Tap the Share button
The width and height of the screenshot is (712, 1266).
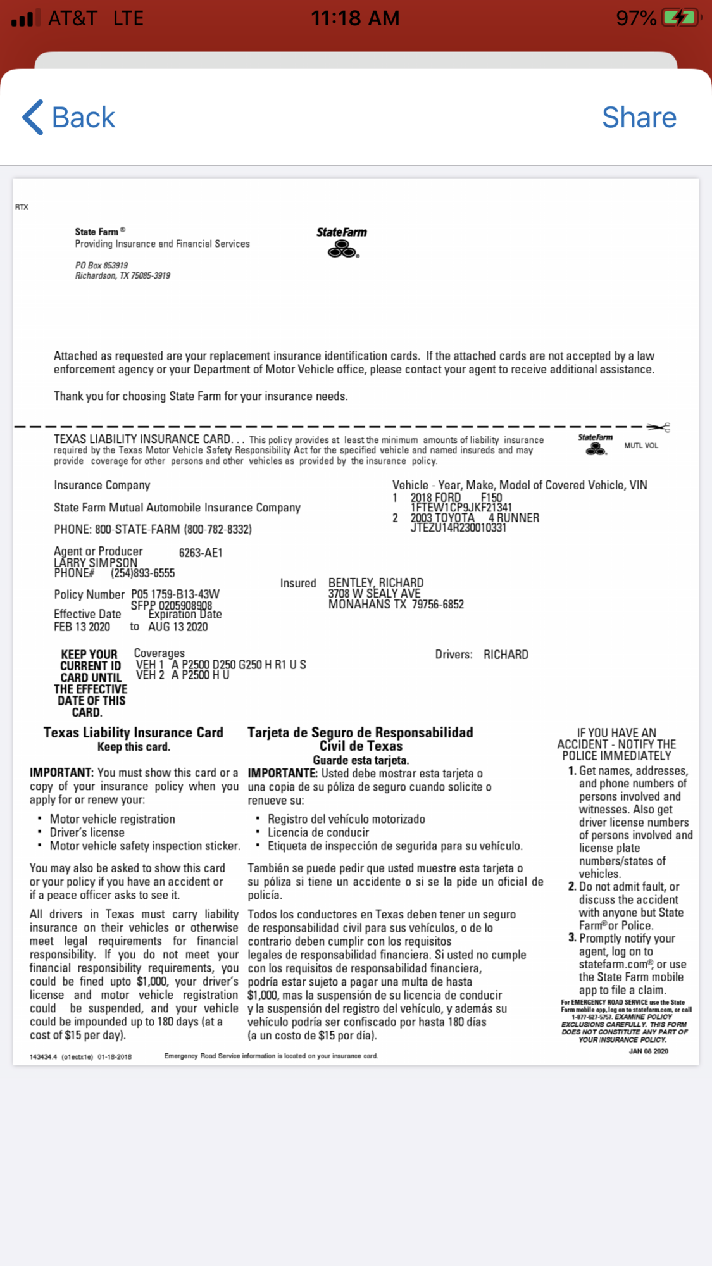[639, 118]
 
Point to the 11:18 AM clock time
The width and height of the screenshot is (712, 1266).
[355, 18]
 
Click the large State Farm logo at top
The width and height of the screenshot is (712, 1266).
[342, 242]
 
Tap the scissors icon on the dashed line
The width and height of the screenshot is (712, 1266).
[659, 428]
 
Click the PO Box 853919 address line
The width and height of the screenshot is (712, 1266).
[101, 265]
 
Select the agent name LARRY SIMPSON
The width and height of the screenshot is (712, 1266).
[96, 562]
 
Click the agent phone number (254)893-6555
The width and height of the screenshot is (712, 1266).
[142, 573]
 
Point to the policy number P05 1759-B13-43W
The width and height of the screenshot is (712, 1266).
[175, 594]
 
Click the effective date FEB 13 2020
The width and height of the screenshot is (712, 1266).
[82, 627]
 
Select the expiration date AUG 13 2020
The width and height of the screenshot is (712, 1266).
[178, 627]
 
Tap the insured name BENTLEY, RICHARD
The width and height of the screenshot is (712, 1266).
[376, 582]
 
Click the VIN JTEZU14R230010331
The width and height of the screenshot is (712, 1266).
[458, 528]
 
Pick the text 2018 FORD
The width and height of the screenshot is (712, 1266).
[435, 498]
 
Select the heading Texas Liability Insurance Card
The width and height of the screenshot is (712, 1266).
[133, 732]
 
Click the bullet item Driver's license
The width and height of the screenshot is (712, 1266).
[87, 832]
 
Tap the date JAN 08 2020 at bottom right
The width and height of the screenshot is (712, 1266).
[648, 1051]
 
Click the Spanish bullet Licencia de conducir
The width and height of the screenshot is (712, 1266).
[318, 832]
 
